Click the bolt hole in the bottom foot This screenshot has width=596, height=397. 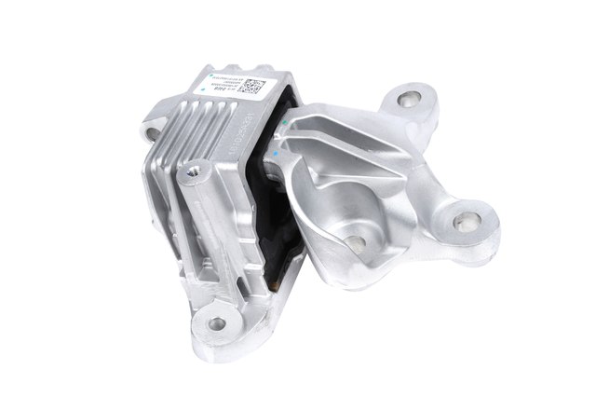(216, 324)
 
